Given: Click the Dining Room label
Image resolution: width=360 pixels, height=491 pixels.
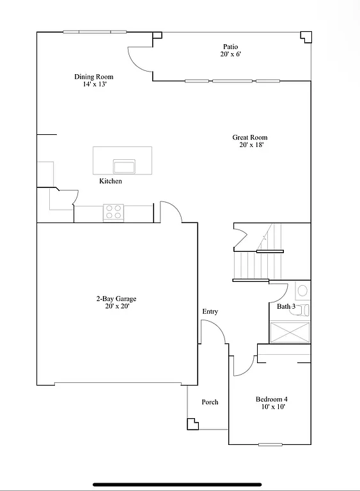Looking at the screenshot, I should tap(93, 77).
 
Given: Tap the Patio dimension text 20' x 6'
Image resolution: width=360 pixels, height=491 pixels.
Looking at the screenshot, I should tap(230, 54).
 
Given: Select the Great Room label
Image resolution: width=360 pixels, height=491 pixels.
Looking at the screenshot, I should tap(249, 137).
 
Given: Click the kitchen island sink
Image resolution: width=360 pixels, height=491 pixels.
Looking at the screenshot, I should tap(123, 166).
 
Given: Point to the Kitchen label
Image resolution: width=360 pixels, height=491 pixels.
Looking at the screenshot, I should tap(110, 182).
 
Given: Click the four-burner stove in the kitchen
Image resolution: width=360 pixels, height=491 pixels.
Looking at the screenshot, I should tap(113, 212).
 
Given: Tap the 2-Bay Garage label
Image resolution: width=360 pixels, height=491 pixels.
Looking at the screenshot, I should tap(116, 299).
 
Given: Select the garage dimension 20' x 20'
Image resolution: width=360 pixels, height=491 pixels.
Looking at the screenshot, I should tap(116, 306).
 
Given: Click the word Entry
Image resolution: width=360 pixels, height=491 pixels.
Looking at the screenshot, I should tap(210, 312).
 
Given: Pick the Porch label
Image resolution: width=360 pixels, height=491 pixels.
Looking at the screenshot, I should tap(210, 402).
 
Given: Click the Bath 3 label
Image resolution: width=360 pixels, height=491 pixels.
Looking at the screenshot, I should tap(286, 307).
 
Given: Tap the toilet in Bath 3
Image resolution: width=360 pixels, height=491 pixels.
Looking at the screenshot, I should tap(303, 291).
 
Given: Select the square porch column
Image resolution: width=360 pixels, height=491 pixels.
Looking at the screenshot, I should tap(191, 423).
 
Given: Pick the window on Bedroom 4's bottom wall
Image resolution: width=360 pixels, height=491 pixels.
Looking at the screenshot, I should tap(270, 444).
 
